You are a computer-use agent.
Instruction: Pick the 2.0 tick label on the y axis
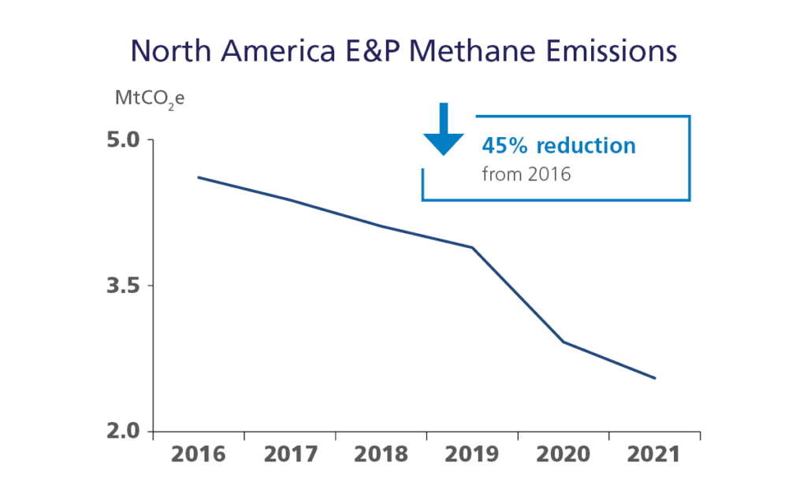pyautogui.click(x=122, y=432)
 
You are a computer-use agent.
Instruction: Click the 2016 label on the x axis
pyautogui.click(x=199, y=454)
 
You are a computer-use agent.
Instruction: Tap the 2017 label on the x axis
pyautogui.click(x=290, y=454)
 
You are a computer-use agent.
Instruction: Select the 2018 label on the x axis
pyautogui.click(x=381, y=454)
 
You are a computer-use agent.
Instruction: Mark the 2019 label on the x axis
pyautogui.click(x=473, y=454)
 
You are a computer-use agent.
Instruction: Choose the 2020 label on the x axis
pyautogui.click(x=564, y=454)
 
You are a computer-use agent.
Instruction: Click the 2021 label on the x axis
pyautogui.click(x=656, y=454)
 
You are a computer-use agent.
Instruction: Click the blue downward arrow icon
pyautogui.click(x=444, y=130)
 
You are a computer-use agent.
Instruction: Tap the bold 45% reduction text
pyautogui.click(x=558, y=146)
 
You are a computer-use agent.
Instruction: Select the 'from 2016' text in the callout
pyautogui.click(x=526, y=173)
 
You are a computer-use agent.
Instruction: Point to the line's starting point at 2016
pyautogui.click(x=198, y=177)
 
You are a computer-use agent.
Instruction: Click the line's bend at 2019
pyautogui.click(x=473, y=248)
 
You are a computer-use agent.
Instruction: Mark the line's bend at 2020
pyautogui.click(x=563, y=342)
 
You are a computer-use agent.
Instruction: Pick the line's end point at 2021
pyautogui.click(x=655, y=378)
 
